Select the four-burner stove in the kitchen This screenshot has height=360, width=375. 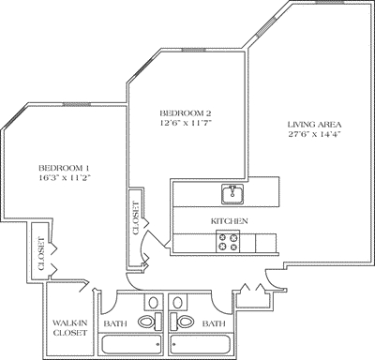pyautogui.click(x=229, y=242)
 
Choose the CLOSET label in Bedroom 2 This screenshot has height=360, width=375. pyautogui.click(x=137, y=217)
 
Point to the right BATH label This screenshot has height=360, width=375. pyautogui.click(x=215, y=323)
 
